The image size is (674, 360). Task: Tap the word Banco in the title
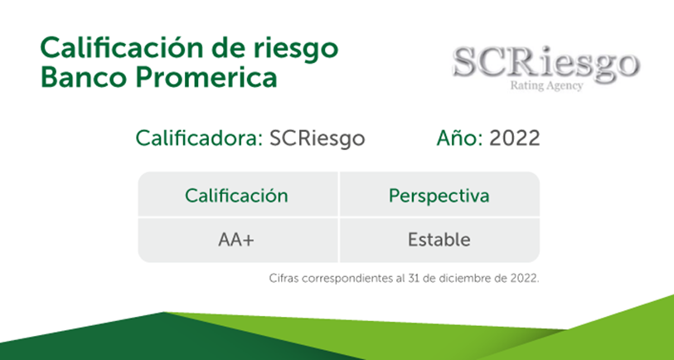[x=85, y=77]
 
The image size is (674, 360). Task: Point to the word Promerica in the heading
[x=206, y=77]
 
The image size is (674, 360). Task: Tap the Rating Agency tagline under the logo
[x=546, y=85]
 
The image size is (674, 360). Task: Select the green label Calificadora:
[x=199, y=138]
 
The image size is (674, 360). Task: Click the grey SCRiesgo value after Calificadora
[x=318, y=139]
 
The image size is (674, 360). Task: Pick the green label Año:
[x=460, y=138]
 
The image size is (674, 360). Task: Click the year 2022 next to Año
[x=515, y=138]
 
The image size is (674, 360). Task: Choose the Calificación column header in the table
[x=236, y=196]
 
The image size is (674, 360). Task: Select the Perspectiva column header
[x=439, y=197]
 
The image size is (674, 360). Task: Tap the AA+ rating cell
[x=236, y=240]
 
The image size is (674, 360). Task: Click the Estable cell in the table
[x=439, y=240]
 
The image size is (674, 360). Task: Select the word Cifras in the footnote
[x=284, y=278]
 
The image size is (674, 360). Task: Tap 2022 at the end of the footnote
[x=524, y=278]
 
